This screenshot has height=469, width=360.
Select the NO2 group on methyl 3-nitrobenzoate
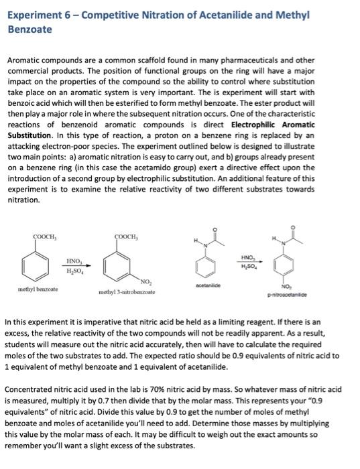[x=145, y=281]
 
